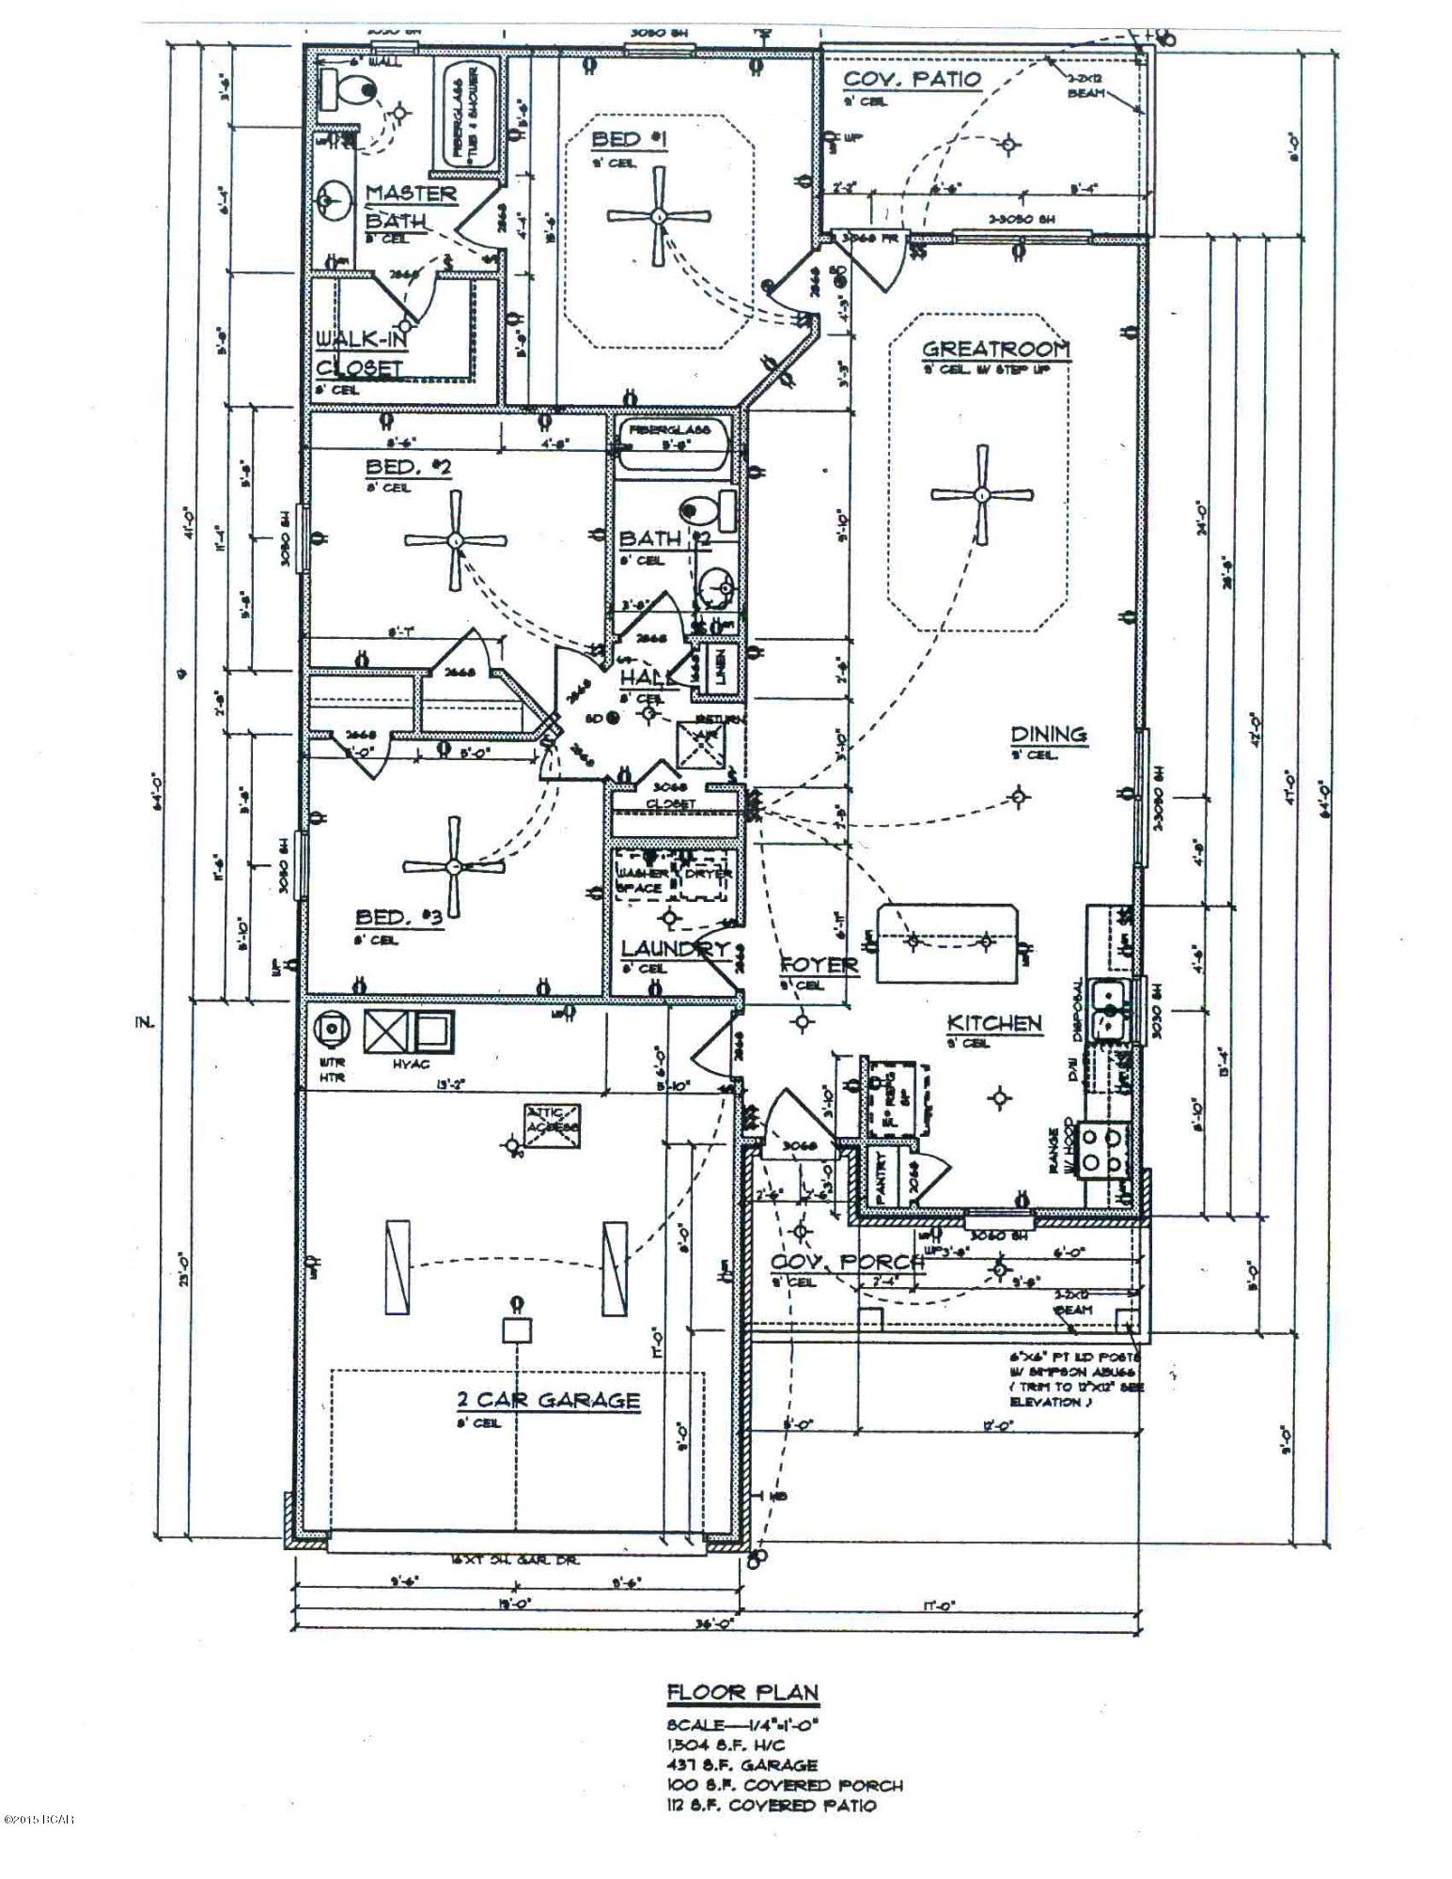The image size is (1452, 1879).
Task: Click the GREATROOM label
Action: (x=995, y=349)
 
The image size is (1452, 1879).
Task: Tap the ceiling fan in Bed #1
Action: (x=659, y=216)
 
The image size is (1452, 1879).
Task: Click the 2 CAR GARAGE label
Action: (x=548, y=1400)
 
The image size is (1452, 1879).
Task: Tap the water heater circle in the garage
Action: (x=332, y=1031)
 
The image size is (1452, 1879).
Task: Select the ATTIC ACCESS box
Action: (x=553, y=1124)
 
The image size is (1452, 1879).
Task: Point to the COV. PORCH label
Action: (x=846, y=1262)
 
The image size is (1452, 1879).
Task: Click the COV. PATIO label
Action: (x=912, y=80)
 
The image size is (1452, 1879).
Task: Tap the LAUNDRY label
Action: (x=675, y=948)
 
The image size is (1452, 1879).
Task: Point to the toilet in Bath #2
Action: (x=707, y=510)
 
